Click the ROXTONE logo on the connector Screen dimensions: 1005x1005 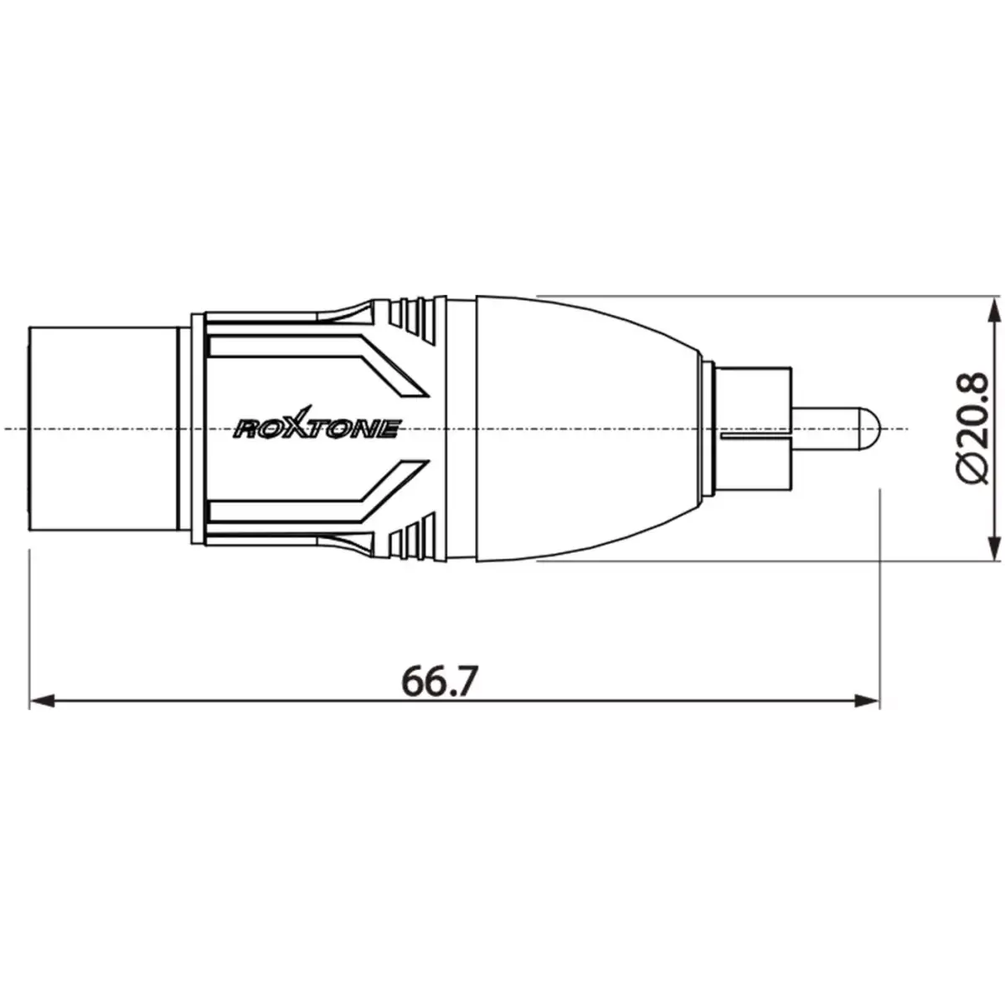tap(316, 429)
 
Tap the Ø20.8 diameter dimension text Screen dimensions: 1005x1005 tap(971, 428)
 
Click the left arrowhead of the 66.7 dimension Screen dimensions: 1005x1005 tap(42, 698)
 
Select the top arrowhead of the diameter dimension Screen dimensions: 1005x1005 tap(993, 310)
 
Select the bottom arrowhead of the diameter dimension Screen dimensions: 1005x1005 tap(993, 547)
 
